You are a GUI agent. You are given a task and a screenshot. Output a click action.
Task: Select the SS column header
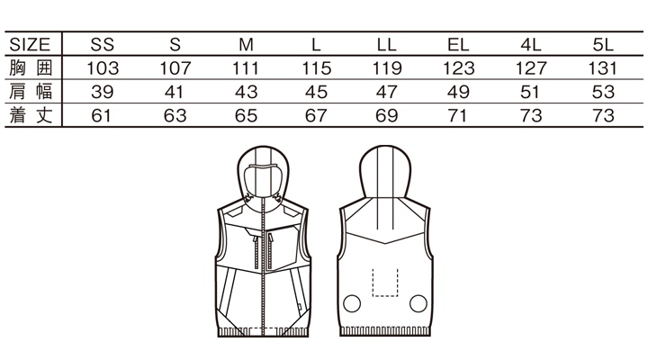(103, 44)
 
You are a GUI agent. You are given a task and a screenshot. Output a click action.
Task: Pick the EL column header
(459, 44)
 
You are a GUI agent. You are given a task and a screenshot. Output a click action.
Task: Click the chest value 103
(103, 67)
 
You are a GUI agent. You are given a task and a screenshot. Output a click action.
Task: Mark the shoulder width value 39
(103, 92)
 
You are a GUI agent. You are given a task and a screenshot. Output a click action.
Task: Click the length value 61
(103, 115)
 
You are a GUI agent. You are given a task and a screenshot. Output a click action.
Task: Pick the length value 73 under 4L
(531, 115)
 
